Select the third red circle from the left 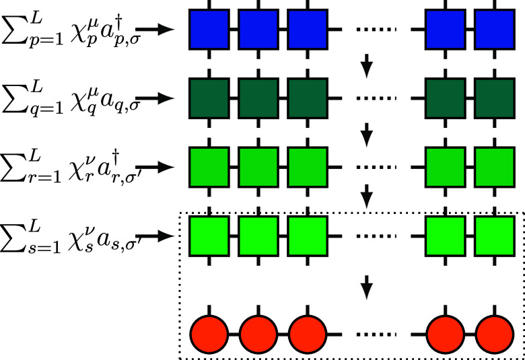point(308,333)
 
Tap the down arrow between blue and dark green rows point(367,65)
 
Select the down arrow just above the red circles point(367,288)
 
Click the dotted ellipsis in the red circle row point(376,334)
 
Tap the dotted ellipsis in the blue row point(376,30)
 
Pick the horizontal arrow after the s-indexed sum point(160,236)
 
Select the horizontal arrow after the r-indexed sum point(160,168)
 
